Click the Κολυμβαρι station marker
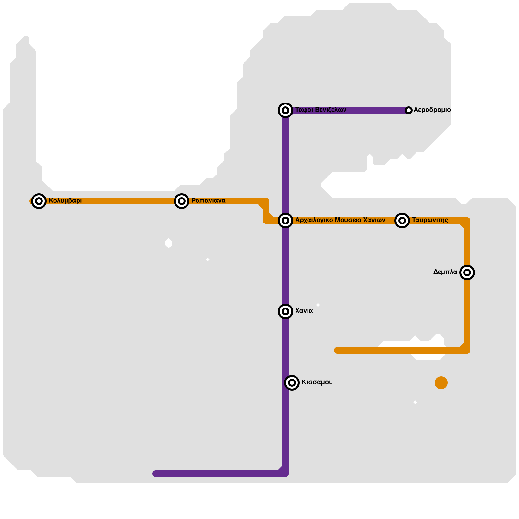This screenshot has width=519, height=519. tap(39, 201)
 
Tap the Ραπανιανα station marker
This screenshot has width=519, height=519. tap(182, 201)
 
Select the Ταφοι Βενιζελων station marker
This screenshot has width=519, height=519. tap(285, 110)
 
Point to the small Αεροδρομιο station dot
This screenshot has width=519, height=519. tap(409, 110)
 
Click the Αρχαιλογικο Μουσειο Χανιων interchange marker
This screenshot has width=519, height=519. tap(285, 221)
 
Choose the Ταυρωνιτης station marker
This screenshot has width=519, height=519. tap(402, 221)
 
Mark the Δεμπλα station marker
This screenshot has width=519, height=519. tap(467, 272)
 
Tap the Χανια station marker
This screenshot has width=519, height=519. tap(285, 311)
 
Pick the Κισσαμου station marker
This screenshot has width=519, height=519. tap(292, 383)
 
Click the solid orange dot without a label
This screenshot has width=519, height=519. tap(441, 383)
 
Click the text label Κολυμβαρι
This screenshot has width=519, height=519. tap(65, 201)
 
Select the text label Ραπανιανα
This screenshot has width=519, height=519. tap(208, 201)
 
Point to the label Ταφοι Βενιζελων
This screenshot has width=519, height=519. tap(321, 110)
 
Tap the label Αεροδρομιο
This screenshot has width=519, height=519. tap(432, 110)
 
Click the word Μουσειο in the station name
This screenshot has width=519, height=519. tap(348, 220)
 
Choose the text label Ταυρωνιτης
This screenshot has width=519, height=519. tap(430, 220)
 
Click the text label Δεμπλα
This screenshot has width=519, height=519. tap(445, 272)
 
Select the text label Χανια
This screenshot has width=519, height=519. tap(304, 311)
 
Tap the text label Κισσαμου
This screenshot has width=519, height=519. tap(317, 382)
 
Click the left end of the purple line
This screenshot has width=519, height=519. tap(156, 474)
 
